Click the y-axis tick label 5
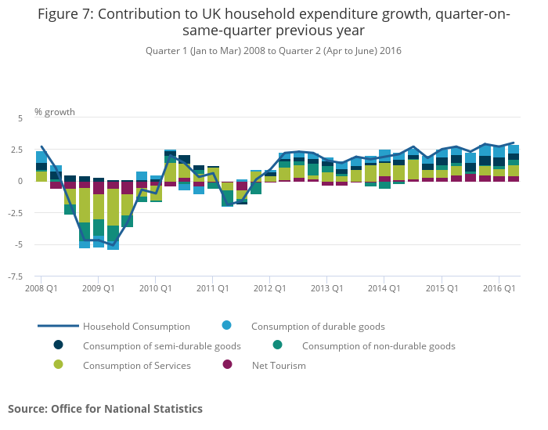pyautogui.click(x=20, y=117)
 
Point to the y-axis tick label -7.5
pyautogui.click(x=16, y=276)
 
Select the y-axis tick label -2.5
pyautogui.click(x=16, y=212)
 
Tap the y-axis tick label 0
pyautogui.click(x=21, y=181)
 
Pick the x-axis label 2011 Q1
pyautogui.click(x=212, y=289)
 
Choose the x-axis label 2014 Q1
pyautogui.click(x=384, y=289)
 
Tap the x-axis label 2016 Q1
pyautogui.click(x=498, y=289)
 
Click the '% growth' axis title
pyautogui.click(x=55, y=112)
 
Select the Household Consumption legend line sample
pyautogui.click(x=58, y=326)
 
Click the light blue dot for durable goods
pyautogui.click(x=227, y=326)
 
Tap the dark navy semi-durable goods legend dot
pyautogui.click(x=58, y=345)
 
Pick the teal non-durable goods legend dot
pyautogui.click(x=277, y=345)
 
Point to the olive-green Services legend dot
pyautogui.click(x=58, y=365)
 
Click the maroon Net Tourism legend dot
pyautogui.click(x=227, y=365)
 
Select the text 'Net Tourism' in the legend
pyautogui.click(x=278, y=365)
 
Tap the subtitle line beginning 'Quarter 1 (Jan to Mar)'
pyautogui.click(x=273, y=51)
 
